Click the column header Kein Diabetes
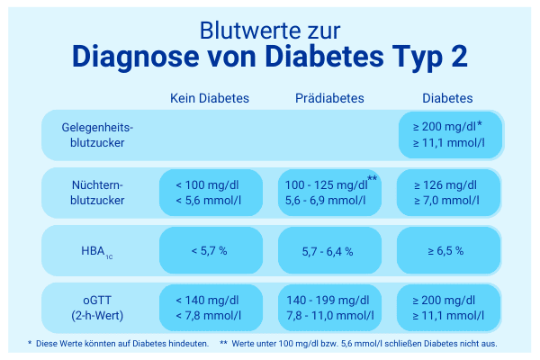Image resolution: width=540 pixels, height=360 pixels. coord(210,97)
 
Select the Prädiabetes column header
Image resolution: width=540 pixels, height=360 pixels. coord(329,97)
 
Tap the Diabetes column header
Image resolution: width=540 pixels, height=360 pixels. coord(448,97)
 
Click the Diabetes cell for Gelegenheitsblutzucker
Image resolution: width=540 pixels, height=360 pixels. coord(448,135)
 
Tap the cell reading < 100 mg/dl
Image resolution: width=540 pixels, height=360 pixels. coord(210,193)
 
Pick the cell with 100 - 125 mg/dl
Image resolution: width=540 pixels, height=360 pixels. coord(329,193)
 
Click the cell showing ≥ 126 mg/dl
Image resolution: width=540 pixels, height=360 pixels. coord(448,193)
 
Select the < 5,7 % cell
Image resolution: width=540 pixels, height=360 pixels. coord(210,251)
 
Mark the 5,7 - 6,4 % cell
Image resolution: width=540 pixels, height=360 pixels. coord(329,251)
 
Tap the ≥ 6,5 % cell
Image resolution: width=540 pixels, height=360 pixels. coord(448,251)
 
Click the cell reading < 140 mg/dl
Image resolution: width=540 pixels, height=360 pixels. coord(210,308)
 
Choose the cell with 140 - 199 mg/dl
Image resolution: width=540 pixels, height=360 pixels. coord(329,308)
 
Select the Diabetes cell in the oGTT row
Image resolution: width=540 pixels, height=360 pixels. coord(448,308)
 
